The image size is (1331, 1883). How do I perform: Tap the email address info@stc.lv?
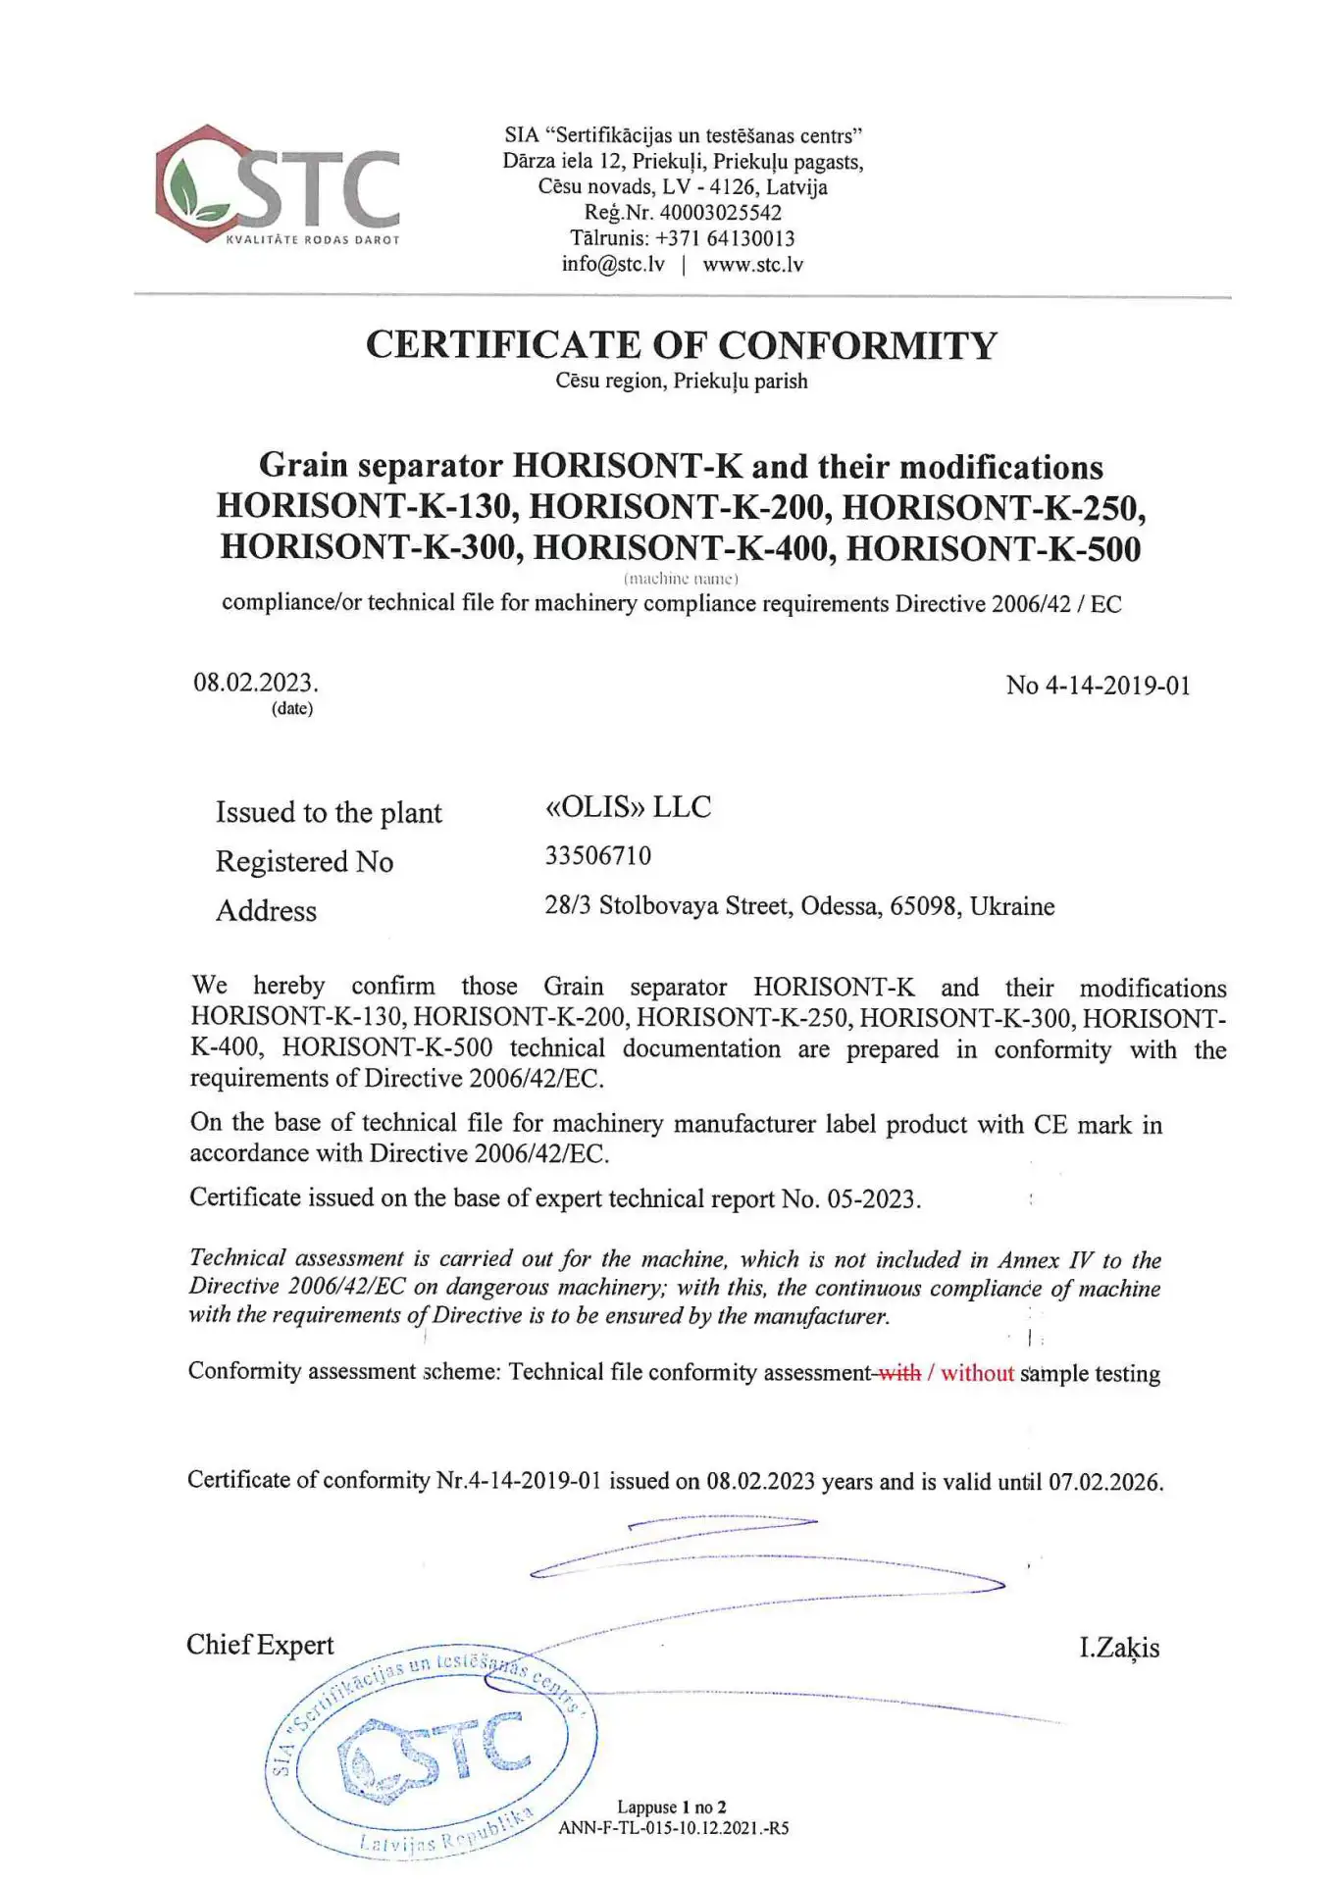pos(613,264)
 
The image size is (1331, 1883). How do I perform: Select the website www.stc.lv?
pos(752,264)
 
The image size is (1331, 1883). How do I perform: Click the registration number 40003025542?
pos(720,212)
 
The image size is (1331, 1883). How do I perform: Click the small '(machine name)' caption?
pos(681,578)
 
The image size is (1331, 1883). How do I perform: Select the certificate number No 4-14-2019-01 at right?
pos(1098,686)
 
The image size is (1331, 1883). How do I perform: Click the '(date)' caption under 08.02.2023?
pos(292,708)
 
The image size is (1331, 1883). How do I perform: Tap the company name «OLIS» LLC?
pos(628,807)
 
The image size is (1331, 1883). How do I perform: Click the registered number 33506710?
pos(597,856)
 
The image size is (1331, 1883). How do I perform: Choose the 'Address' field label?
pos(266,911)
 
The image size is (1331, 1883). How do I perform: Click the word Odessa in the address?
pos(841,906)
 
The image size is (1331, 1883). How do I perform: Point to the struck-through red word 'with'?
pos(899,1373)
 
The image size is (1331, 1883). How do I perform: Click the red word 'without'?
pos(977,1373)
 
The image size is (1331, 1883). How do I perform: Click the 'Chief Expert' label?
pos(260,1645)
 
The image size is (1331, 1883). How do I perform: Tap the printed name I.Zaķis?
pos(1119,1648)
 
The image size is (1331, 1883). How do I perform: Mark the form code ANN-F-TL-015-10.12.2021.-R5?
pos(673,1828)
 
